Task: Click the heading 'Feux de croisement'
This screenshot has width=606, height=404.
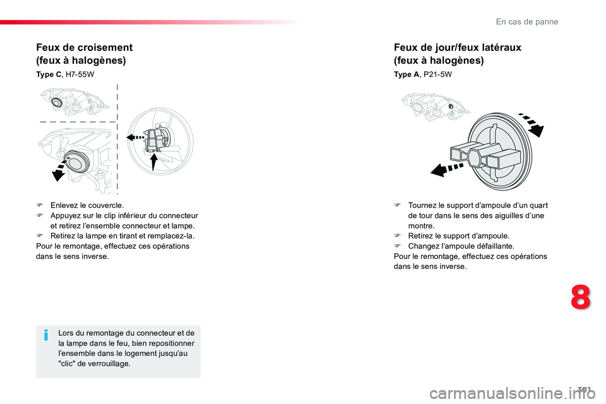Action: (x=84, y=47)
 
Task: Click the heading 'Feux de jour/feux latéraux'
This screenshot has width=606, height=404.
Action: (x=458, y=47)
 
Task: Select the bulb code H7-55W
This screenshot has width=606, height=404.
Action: (x=80, y=74)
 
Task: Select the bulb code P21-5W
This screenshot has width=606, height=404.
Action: (x=438, y=74)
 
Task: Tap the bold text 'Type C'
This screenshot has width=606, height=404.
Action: (x=49, y=74)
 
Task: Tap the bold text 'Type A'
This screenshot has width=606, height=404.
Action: (x=406, y=74)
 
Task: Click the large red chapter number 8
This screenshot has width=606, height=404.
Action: (x=581, y=297)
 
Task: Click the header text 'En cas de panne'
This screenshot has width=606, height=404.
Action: (x=527, y=21)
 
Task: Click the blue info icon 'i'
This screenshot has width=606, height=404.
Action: (x=46, y=335)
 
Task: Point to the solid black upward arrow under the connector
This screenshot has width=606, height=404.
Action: (x=154, y=162)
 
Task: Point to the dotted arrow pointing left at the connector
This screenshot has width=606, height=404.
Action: (x=135, y=137)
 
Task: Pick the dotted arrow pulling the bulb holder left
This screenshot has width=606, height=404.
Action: (x=447, y=169)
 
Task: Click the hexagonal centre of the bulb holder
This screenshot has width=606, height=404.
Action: (x=478, y=158)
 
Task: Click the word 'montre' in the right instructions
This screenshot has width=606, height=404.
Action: (x=420, y=226)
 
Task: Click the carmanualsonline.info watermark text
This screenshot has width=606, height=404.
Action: (x=512, y=393)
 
